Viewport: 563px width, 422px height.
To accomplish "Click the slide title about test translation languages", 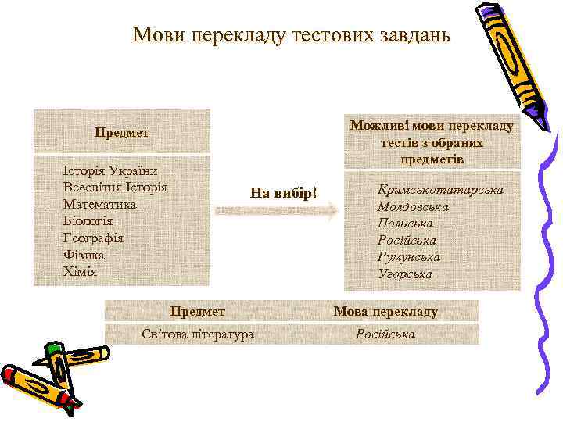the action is (292, 35).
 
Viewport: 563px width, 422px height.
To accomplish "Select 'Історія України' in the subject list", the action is (111, 170).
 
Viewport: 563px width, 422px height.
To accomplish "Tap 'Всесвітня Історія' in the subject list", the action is (116, 188).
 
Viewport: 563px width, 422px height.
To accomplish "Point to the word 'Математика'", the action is (100, 204).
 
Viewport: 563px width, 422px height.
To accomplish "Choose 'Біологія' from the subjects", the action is (88, 221).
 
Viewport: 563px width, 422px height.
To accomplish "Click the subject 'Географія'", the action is (94, 238).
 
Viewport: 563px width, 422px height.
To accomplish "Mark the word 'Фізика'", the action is (84, 255).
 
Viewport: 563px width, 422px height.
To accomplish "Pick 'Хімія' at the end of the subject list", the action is (81, 272).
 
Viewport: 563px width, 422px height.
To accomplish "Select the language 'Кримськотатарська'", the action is (440, 190).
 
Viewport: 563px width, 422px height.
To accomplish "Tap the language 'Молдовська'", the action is (412, 207).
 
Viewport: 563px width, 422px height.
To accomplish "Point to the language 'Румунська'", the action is (408, 257).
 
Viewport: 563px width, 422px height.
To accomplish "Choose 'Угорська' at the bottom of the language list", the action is (404, 274).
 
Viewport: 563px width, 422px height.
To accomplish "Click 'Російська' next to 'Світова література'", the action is (385, 334).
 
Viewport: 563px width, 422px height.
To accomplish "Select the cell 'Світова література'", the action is (198, 334).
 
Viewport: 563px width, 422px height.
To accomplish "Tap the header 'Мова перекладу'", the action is (385, 312).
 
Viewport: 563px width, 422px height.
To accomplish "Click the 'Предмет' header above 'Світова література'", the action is (198, 312).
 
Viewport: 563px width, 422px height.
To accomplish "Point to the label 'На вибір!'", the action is (283, 191).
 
